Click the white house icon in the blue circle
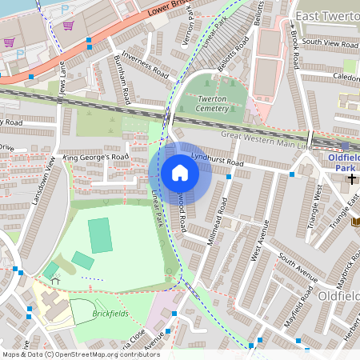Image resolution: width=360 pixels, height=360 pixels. [x=180, y=173]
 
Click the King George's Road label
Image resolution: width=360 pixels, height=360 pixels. [x=95, y=158]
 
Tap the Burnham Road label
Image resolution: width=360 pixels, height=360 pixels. [x=122, y=80]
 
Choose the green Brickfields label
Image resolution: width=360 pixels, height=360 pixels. [x=110, y=314]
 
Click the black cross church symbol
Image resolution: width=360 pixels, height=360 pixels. [x=351, y=178]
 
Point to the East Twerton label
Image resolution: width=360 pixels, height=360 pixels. [x=326, y=16]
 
